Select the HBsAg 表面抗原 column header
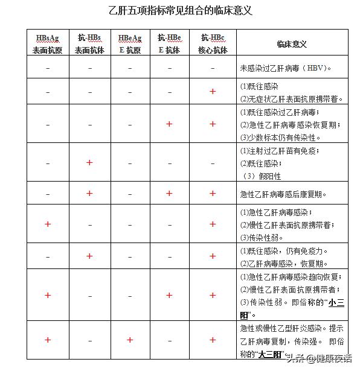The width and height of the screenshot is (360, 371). coord(48,44)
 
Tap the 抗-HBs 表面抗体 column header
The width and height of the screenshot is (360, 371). coord(89,44)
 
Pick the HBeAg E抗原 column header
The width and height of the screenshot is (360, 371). coord(129,44)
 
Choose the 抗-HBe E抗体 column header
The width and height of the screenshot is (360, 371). coord(169,44)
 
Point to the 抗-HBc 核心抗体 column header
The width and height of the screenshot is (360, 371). coord(212,44)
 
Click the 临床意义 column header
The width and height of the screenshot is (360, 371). coord(292,44)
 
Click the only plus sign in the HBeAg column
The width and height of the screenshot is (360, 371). coord(129,340)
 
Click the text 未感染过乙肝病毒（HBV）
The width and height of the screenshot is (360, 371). coord(285,68)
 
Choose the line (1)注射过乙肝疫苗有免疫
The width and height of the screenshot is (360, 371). coord(279,151)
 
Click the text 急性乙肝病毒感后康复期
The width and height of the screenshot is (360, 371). coord(283,194)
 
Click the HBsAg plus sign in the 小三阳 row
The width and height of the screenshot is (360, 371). coord(48,296)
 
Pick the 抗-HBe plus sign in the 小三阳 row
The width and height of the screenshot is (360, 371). coord(169,296)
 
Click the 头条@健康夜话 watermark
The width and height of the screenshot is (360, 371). coord(319,359)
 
